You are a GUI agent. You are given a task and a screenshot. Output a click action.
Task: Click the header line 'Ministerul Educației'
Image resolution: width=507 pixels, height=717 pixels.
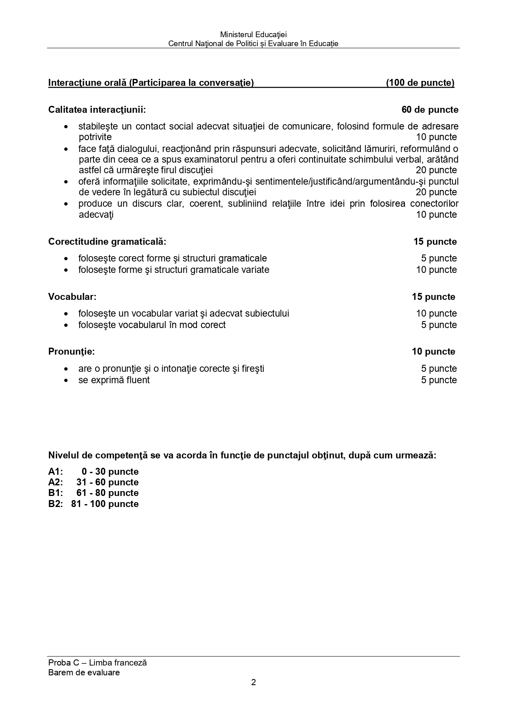tap(253, 35)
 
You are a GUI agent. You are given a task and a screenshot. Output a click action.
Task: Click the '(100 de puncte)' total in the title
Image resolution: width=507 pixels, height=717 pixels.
tap(420, 83)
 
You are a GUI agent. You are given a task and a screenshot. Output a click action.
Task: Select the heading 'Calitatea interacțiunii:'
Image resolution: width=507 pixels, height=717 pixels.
tap(97, 110)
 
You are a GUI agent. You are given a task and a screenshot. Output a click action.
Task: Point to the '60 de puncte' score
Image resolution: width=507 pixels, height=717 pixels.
tap(430, 110)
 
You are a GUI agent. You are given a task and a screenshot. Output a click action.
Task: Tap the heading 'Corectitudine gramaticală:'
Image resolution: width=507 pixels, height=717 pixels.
tap(107, 242)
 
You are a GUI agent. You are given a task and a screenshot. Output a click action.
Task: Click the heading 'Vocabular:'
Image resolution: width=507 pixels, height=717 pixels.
tap(72, 297)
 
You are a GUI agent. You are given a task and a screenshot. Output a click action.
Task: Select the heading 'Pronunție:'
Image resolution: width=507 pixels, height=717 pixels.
tap(71, 352)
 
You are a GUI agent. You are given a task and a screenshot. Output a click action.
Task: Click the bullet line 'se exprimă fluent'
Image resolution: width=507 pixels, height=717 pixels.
tap(114, 380)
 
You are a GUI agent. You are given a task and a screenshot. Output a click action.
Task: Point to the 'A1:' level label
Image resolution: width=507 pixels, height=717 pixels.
tap(56, 472)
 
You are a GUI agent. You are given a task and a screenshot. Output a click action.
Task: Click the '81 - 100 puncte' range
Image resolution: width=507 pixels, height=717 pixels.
tap(105, 504)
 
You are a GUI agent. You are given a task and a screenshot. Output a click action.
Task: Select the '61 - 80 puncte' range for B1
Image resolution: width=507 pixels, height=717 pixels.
tap(107, 493)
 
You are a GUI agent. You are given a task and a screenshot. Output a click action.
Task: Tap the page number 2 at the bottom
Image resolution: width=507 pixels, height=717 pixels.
tap(253, 682)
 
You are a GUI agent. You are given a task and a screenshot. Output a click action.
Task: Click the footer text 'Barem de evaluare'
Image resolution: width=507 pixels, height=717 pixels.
tap(84, 672)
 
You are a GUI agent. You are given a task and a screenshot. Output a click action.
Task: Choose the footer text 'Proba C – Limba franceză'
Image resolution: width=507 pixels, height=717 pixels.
tap(97, 663)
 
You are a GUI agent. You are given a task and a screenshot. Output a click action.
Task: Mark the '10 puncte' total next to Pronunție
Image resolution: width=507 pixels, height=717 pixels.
tap(433, 352)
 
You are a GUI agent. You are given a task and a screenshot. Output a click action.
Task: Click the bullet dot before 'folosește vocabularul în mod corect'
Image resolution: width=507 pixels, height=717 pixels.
tap(66, 326)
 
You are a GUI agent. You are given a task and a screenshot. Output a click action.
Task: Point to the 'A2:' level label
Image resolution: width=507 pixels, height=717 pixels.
tap(56, 482)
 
